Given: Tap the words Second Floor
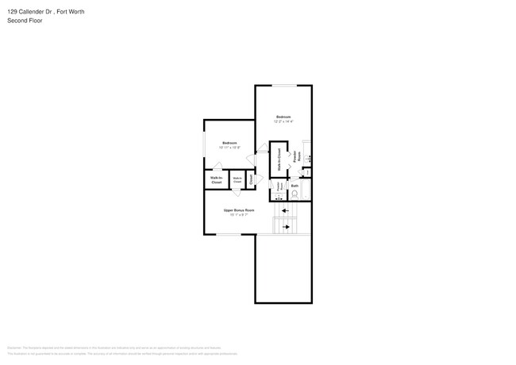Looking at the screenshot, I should click(x=25, y=21).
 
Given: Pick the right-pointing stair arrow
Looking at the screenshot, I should click(x=286, y=227).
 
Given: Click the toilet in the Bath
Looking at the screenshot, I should click(x=295, y=194).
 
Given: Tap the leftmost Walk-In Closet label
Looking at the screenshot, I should click(x=216, y=181).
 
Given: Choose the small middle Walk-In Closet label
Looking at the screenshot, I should click(x=237, y=181).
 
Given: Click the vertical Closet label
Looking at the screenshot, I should click(x=252, y=179).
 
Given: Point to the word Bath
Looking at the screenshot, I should click(x=295, y=185).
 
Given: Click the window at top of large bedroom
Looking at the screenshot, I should click(x=283, y=86).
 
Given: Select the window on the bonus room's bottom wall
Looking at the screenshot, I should click(x=229, y=234).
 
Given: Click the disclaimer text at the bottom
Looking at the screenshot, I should click(x=119, y=350).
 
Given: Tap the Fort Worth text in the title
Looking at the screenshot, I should click(x=71, y=12).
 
